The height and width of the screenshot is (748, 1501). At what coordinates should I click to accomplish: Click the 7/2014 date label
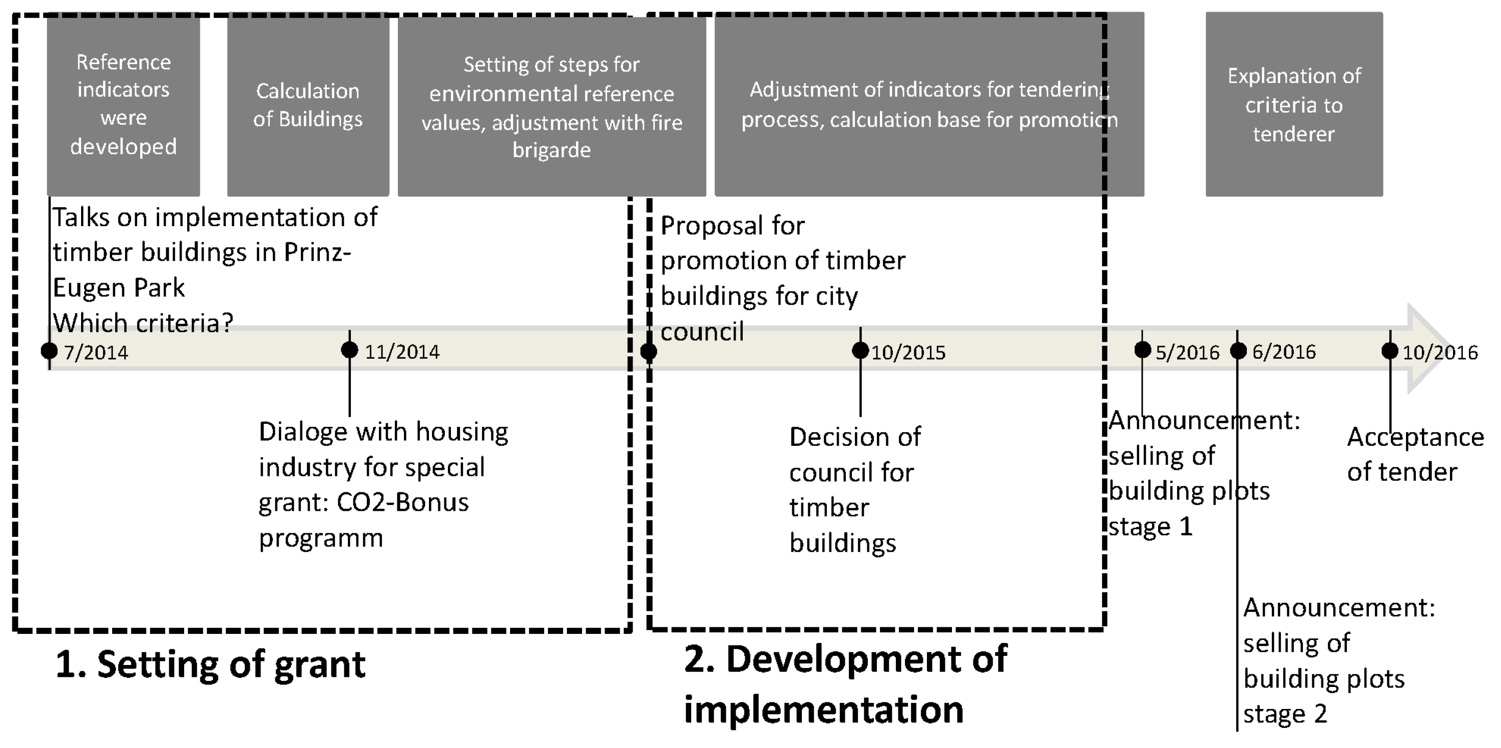[96, 352]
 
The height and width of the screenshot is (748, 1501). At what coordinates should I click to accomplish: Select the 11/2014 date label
[402, 352]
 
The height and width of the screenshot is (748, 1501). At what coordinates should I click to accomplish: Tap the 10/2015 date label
[908, 352]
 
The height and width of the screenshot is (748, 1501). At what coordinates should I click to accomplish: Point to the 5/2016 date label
[1187, 352]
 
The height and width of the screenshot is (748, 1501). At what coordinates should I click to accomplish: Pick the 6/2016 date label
[1284, 352]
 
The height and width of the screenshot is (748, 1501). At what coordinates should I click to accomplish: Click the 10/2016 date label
[1440, 352]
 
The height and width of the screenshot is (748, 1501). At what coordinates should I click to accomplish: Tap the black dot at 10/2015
[860, 351]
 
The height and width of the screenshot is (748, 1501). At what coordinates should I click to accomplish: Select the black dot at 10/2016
[1390, 351]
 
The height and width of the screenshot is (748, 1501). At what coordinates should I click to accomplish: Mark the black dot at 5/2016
[1143, 350]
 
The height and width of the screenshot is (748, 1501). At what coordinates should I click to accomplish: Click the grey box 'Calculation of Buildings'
[308, 105]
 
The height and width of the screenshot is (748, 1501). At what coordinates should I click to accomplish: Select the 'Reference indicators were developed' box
[124, 105]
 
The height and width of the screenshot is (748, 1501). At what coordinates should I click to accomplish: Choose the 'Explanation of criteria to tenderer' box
[1294, 105]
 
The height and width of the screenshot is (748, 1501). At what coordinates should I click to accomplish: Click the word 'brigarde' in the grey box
[551, 150]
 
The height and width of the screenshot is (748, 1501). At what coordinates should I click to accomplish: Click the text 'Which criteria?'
[143, 323]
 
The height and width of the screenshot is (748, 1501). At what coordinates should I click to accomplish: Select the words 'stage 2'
[1285, 714]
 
